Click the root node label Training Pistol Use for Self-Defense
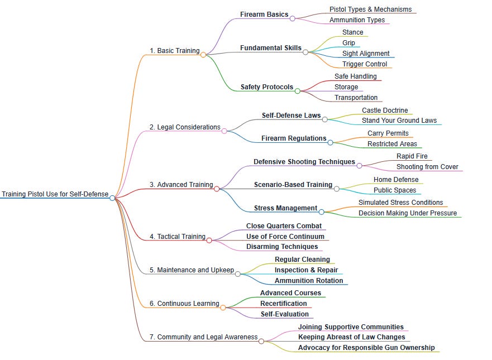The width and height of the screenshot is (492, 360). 55,194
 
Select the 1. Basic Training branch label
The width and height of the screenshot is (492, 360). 174,51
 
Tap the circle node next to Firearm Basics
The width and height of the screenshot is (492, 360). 293,18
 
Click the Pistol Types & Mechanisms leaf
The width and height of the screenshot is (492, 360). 370,9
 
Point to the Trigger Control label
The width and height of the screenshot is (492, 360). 365,64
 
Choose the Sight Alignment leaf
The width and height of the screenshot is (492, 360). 366,54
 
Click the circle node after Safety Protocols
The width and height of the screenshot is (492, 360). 298,90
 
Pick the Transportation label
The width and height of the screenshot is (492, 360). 356,98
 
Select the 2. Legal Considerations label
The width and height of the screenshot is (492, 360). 185,127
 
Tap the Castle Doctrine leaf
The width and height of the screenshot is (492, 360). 385,111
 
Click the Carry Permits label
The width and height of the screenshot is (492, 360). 388,133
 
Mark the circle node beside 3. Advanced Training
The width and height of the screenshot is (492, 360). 217,189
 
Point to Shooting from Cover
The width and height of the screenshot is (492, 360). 427,167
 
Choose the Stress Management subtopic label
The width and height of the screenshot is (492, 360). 285,208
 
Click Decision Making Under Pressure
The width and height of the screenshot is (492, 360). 408,213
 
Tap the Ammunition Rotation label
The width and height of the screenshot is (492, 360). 309,281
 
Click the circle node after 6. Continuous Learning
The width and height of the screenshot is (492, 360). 223,308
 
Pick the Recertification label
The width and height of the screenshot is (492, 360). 284,304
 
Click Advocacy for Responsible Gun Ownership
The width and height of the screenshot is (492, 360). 366,348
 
